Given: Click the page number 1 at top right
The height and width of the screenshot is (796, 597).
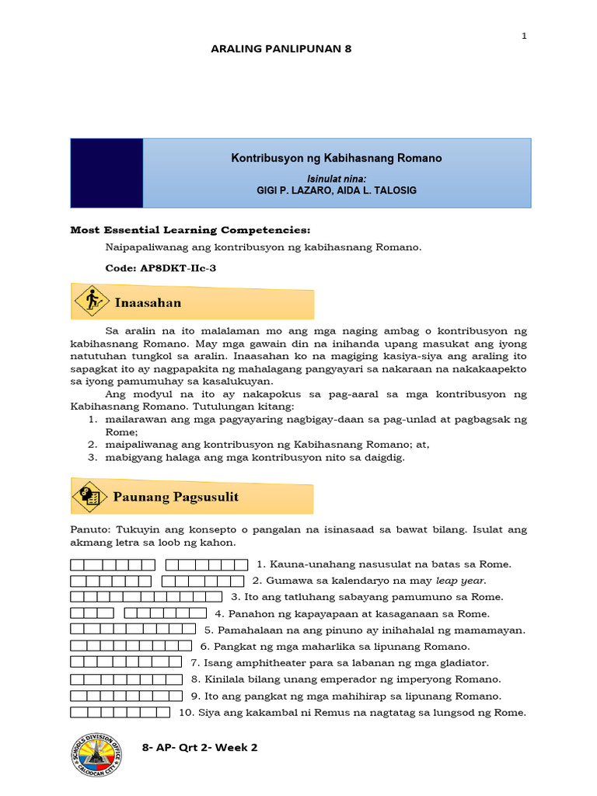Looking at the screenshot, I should coord(524,36).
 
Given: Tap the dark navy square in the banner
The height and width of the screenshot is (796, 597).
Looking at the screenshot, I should coord(106,173).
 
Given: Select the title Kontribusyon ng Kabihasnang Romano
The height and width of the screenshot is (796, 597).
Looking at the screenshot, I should coord(337,158).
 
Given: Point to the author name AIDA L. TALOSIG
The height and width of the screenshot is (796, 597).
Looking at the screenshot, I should coord(377,191).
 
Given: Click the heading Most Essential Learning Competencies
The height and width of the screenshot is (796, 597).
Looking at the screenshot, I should coord(190,230).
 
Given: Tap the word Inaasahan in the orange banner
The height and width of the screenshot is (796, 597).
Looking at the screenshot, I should coord(148,302).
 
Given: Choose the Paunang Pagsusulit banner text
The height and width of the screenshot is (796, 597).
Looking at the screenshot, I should coord(177,497).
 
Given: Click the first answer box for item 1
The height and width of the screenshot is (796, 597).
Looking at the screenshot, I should coord(76,564).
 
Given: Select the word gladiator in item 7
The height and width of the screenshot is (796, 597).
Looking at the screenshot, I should coord(464,662).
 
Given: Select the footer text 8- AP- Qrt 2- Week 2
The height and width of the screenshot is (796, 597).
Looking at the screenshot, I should coord(200,747).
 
